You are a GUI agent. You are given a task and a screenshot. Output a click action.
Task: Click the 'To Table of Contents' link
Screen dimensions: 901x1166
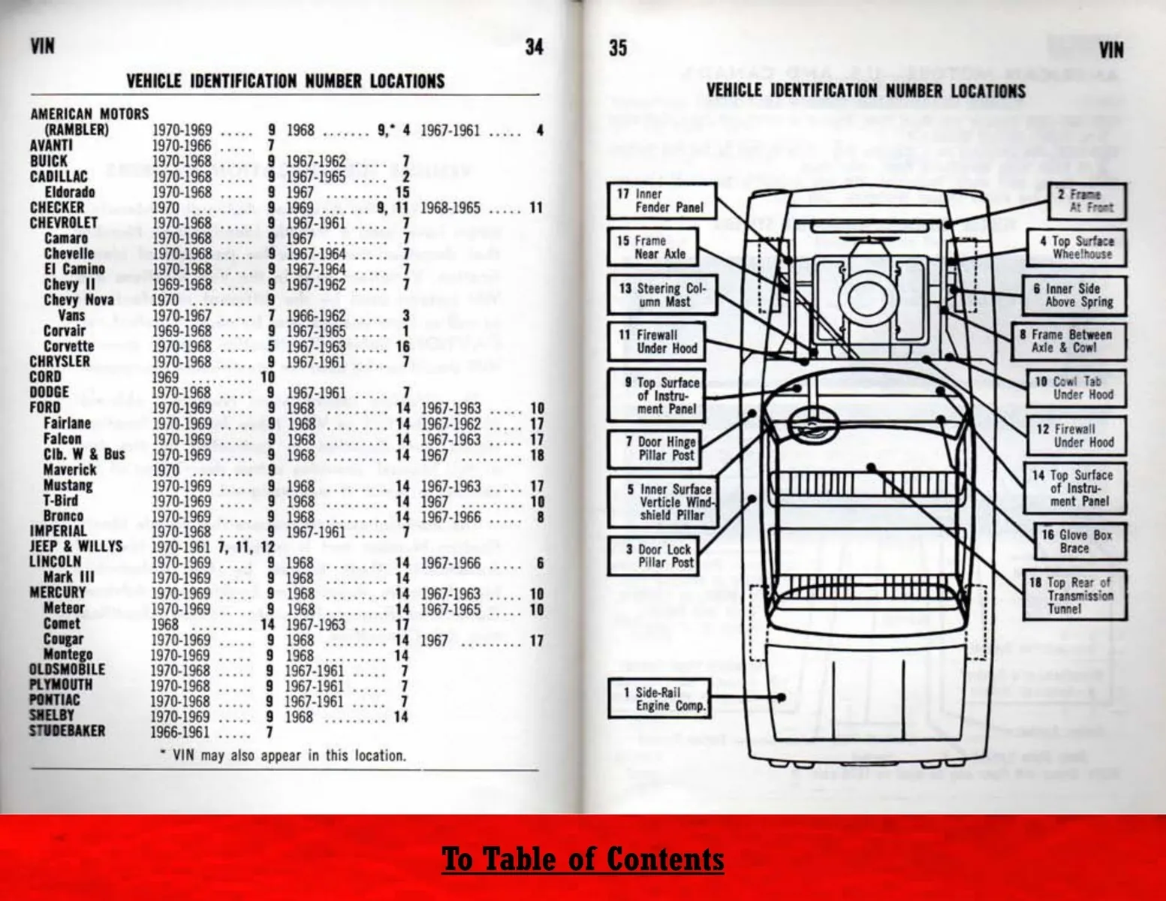pyautogui.click(x=583, y=859)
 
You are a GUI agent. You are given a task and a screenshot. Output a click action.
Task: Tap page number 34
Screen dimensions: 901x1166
pyautogui.click(x=534, y=47)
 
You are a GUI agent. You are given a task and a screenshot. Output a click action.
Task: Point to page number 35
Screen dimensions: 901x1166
pyautogui.click(x=617, y=48)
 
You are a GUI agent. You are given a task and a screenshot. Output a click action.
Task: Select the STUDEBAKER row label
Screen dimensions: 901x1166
pyautogui.click(x=67, y=731)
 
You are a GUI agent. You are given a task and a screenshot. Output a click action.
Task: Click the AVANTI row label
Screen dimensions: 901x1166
pyautogui.click(x=51, y=145)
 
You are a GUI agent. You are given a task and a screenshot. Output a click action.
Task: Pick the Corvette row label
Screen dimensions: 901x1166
pyautogui.click(x=68, y=346)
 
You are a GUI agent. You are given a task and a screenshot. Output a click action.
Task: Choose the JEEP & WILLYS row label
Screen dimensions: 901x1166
pyautogui.click(x=75, y=546)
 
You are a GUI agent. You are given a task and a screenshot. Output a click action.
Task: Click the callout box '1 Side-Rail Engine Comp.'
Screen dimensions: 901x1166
pyautogui.click(x=658, y=699)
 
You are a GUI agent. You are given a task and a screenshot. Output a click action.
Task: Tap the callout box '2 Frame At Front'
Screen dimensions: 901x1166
pyautogui.click(x=1086, y=201)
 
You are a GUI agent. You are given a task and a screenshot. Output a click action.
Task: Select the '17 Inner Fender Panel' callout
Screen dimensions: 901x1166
pyautogui.click(x=661, y=200)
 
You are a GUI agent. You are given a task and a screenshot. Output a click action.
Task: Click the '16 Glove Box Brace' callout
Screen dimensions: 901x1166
pyautogui.click(x=1075, y=541)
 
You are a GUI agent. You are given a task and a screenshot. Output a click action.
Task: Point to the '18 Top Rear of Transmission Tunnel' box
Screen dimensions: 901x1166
pyautogui.click(x=1074, y=595)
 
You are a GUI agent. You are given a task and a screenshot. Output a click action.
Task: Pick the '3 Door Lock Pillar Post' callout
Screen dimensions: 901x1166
pyautogui.click(x=653, y=556)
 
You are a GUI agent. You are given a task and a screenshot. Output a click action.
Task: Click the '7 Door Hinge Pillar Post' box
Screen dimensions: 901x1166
pyautogui.click(x=653, y=448)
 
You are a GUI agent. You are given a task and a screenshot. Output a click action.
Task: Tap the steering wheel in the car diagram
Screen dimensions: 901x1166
pyautogui.click(x=812, y=425)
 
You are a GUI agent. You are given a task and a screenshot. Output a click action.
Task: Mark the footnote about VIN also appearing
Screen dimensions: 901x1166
pyautogui.click(x=284, y=755)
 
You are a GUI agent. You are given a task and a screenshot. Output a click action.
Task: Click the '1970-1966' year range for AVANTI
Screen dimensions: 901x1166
pyautogui.click(x=182, y=145)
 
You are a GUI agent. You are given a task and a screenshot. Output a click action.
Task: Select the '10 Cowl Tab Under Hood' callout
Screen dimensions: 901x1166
pyautogui.click(x=1076, y=388)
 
